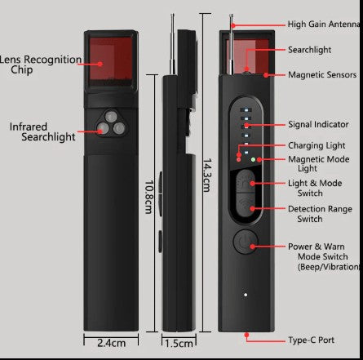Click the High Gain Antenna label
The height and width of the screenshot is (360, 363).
[325, 24]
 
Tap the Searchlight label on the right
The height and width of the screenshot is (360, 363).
[309, 50]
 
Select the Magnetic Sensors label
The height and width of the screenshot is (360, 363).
[321, 75]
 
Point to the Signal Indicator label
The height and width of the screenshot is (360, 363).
[318, 125]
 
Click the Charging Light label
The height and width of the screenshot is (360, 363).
[317, 146]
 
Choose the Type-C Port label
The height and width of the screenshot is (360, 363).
[311, 339]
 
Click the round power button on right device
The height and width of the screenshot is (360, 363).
[243, 242]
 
